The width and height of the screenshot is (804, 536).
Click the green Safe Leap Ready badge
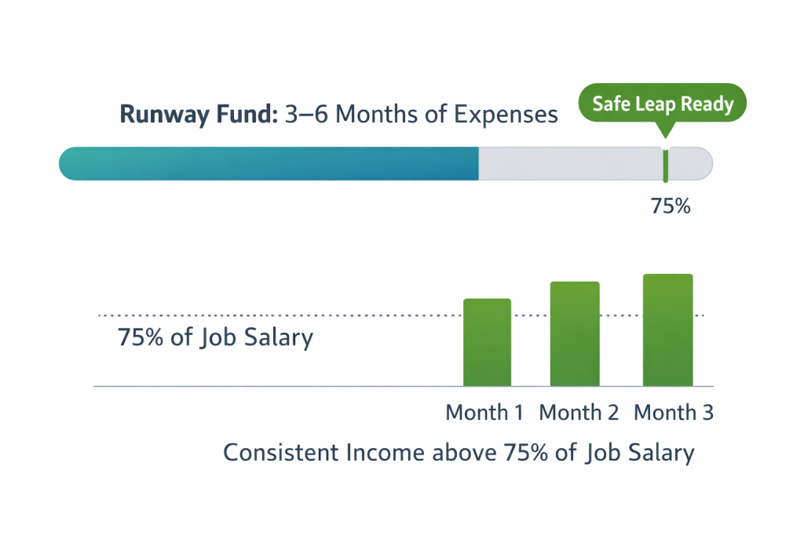click(x=662, y=104)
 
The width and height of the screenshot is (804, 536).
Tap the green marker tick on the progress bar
click(x=665, y=164)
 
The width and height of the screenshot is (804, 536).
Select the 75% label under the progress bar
click(x=670, y=207)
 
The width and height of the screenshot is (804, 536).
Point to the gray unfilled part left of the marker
click(x=569, y=164)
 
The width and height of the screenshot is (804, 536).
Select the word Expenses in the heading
click(x=506, y=115)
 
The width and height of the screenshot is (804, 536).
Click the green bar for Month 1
click(x=487, y=342)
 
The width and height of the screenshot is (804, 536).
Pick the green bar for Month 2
click(x=575, y=334)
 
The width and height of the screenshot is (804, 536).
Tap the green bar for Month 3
click(x=667, y=330)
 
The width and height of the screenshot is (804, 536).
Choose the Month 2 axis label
click(x=579, y=412)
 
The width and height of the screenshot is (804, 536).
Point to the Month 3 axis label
click(x=673, y=412)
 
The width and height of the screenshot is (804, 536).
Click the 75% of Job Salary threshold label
click(x=215, y=337)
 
